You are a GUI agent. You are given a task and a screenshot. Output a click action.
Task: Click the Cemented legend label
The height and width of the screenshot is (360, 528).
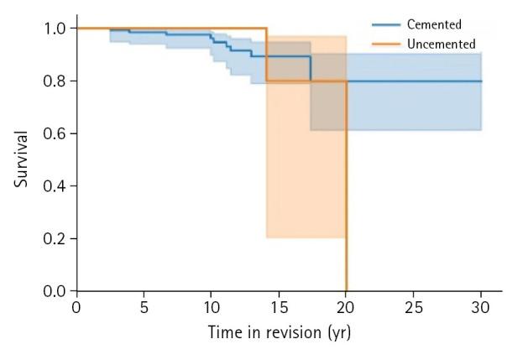pos(434,25)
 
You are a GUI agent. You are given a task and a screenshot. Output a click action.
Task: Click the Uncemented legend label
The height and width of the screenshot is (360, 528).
pos(441,44)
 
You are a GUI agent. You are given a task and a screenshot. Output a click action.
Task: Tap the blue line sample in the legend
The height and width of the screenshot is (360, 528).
pos(385,25)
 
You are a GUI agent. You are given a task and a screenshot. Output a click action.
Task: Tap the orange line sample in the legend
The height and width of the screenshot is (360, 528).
pos(385,44)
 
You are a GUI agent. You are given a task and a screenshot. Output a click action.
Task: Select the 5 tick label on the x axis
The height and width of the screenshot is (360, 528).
pos(144,307)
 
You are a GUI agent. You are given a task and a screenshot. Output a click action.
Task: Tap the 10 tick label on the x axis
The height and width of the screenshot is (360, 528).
pos(211,307)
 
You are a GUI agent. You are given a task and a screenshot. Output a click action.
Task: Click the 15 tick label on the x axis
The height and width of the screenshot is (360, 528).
pos(279,307)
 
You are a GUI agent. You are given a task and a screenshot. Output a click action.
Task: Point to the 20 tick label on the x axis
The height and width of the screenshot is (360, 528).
pos(346,307)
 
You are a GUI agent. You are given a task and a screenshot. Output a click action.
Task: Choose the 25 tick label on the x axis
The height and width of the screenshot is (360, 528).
pos(413,307)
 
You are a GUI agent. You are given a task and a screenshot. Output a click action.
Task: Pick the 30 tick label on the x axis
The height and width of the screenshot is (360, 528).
pos(481,307)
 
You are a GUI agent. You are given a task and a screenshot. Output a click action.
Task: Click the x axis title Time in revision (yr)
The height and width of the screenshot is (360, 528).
pos(279,333)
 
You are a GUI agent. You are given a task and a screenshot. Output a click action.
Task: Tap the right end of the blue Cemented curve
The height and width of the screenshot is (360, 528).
pos(481,81)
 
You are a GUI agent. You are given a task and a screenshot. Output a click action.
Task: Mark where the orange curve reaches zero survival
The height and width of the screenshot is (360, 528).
pos(346,290)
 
